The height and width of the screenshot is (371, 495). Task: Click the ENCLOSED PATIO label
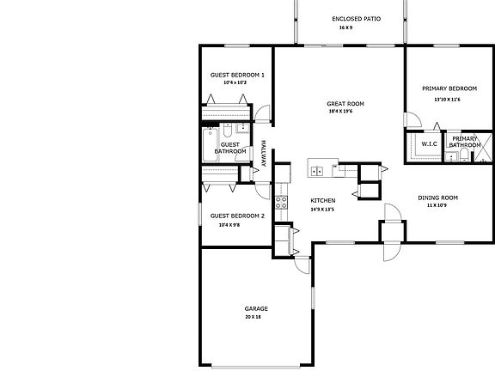click(356, 18)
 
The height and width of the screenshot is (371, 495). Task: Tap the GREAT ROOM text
click(345, 104)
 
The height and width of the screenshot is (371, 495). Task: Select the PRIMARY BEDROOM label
click(449, 88)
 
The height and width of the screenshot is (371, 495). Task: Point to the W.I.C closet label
click(429, 143)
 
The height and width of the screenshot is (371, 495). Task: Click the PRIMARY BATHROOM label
click(465, 142)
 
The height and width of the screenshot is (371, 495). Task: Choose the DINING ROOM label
click(437, 198)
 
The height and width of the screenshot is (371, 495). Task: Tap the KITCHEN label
click(321, 200)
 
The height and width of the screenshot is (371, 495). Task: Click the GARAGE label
click(256, 308)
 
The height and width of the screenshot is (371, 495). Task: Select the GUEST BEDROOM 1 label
click(237, 75)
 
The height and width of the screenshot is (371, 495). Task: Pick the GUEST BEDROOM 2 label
click(237, 216)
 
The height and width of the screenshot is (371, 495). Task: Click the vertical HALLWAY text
click(264, 153)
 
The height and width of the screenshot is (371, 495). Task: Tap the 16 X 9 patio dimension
click(346, 27)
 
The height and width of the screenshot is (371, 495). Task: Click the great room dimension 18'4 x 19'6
click(345, 112)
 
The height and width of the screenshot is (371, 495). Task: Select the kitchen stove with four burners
click(281, 203)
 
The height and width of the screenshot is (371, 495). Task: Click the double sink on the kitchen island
click(316, 170)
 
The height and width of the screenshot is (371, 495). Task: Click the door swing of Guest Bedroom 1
click(262, 113)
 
